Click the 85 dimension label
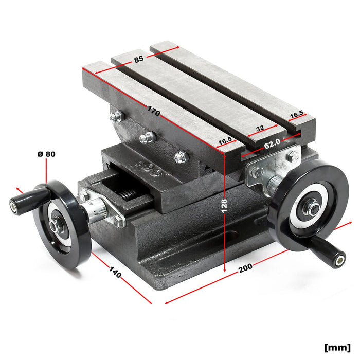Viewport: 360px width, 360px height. coord(139,59)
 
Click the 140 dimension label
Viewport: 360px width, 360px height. coord(115,273)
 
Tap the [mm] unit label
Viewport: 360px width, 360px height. coord(337,347)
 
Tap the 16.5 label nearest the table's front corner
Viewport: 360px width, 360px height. coord(224,140)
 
